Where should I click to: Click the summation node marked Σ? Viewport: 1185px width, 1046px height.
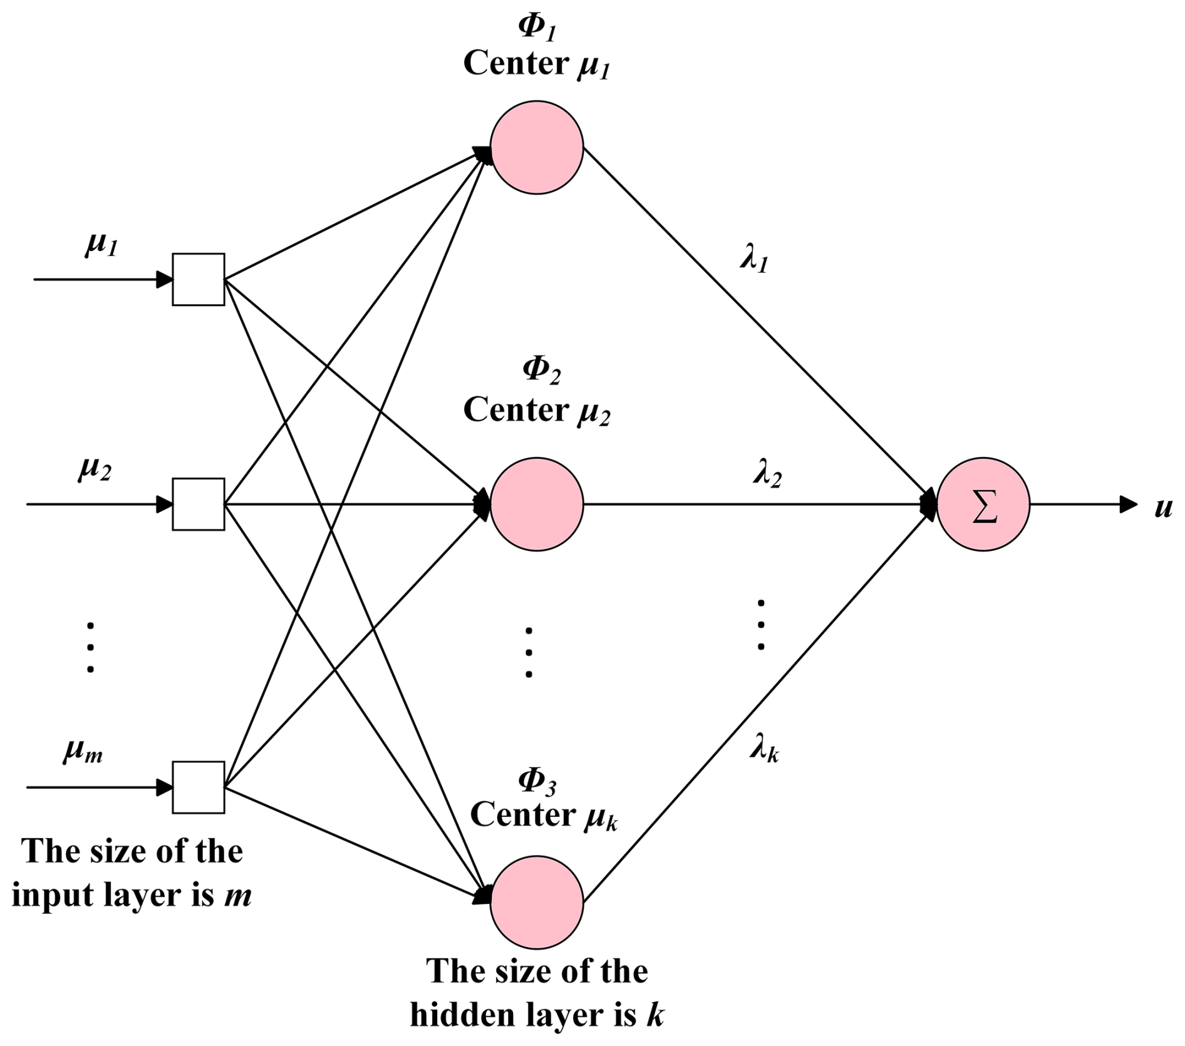983,505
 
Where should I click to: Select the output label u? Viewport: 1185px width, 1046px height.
1163,507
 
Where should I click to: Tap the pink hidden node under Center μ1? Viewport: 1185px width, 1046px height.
537,148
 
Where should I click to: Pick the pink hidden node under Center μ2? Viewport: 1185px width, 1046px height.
537,505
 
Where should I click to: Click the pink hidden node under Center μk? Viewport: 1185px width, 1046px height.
537,902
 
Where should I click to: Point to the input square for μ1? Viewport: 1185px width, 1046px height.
199,279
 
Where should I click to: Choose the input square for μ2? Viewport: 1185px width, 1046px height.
199,505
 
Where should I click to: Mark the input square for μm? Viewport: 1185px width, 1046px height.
199,787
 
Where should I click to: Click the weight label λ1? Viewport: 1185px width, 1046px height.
754,258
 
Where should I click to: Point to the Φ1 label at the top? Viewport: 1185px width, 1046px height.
537,28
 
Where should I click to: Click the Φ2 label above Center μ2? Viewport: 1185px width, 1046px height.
541,370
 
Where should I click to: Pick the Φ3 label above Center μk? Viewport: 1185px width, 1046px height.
537,781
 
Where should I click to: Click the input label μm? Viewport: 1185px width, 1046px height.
83,751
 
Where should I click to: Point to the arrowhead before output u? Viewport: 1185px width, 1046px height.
1128,505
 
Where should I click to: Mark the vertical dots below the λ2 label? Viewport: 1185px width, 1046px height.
760,625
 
